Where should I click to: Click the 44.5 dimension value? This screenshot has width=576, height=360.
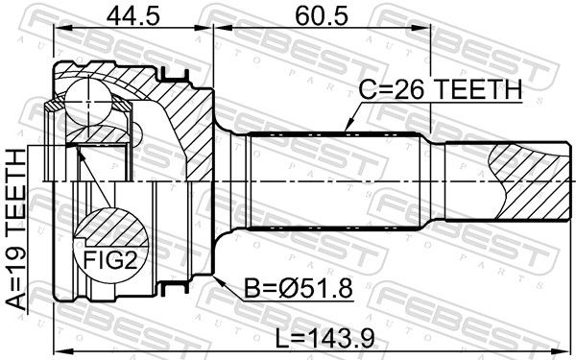pyautogui.click(x=133, y=16)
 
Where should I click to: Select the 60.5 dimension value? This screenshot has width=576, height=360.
pyautogui.click(x=322, y=16)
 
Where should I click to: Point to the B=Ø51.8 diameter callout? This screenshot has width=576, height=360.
pyautogui.click(x=299, y=288)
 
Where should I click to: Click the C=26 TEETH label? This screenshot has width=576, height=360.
pyautogui.click(x=440, y=89)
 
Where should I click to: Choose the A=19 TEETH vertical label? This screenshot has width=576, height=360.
pyautogui.click(x=16, y=229)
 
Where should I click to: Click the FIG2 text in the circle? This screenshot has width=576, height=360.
pyautogui.click(x=110, y=260)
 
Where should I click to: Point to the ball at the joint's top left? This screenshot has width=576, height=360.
pyautogui.click(x=88, y=100)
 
